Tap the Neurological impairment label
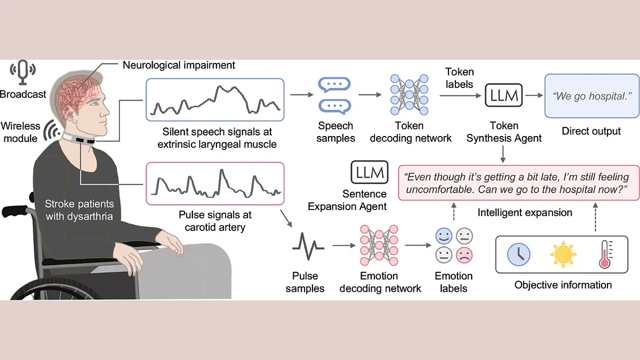(179, 66)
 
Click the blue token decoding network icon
(409, 95)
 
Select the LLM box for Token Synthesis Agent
(503, 96)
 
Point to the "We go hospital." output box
(591, 97)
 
